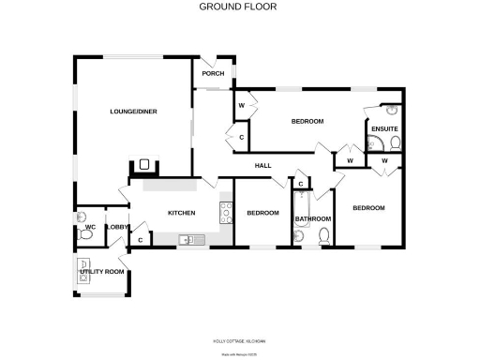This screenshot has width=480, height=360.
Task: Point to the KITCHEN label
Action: (181, 213)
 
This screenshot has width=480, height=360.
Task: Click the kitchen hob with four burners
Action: (225, 214)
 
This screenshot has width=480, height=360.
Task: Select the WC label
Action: (91, 227)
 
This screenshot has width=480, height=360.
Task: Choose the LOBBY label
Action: (117, 227)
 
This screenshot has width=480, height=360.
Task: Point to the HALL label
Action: (263, 166)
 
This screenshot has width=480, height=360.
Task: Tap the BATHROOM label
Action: (312, 219)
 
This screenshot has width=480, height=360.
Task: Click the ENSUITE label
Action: (384, 128)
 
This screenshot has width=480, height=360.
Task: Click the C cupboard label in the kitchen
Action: (140, 240)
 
